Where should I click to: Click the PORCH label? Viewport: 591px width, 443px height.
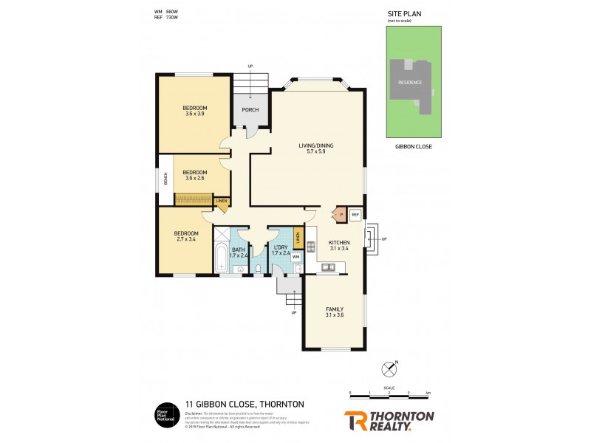pos(250,110)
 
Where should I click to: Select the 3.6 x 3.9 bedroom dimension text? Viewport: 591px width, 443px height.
pos(195,114)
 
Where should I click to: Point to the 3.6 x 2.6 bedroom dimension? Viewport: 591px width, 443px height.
pos(195,177)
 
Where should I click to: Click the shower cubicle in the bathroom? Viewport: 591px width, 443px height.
pos(222,236)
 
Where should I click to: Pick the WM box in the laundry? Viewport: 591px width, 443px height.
pos(295,256)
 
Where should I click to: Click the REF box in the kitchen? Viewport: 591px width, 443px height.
pos(355,215)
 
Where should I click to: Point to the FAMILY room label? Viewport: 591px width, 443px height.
pos(335,309)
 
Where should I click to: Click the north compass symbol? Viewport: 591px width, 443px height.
pos(389,368)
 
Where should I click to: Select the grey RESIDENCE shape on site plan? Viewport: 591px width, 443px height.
pos(410,83)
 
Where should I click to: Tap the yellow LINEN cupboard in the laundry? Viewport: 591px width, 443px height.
pos(298,238)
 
